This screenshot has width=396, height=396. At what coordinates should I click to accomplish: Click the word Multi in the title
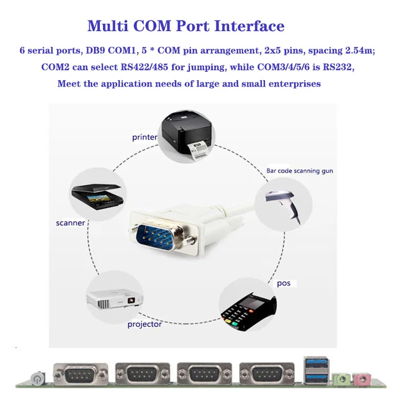[106, 26]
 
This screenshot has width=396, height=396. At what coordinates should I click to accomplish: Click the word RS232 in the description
[337, 68]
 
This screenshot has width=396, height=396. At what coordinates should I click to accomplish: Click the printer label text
[144, 137]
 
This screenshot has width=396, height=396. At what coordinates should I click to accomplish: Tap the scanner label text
[70, 223]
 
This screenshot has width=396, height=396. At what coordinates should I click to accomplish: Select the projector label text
[144, 324]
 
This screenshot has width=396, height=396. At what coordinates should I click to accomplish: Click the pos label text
[284, 284]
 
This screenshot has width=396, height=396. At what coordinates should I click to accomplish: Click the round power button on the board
[36, 378]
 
